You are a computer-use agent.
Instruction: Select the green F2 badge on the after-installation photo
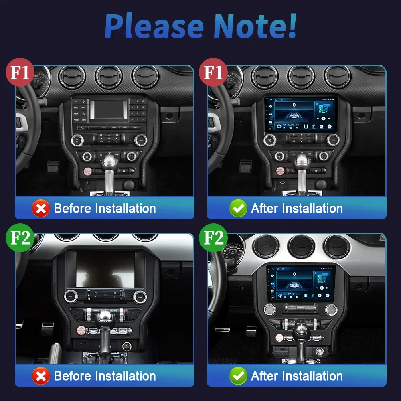(213, 239)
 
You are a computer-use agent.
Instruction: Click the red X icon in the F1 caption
(41, 209)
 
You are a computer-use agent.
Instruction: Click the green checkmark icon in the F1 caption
(238, 209)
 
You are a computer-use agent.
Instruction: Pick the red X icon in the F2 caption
(41, 376)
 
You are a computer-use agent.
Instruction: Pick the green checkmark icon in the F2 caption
(238, 376)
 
